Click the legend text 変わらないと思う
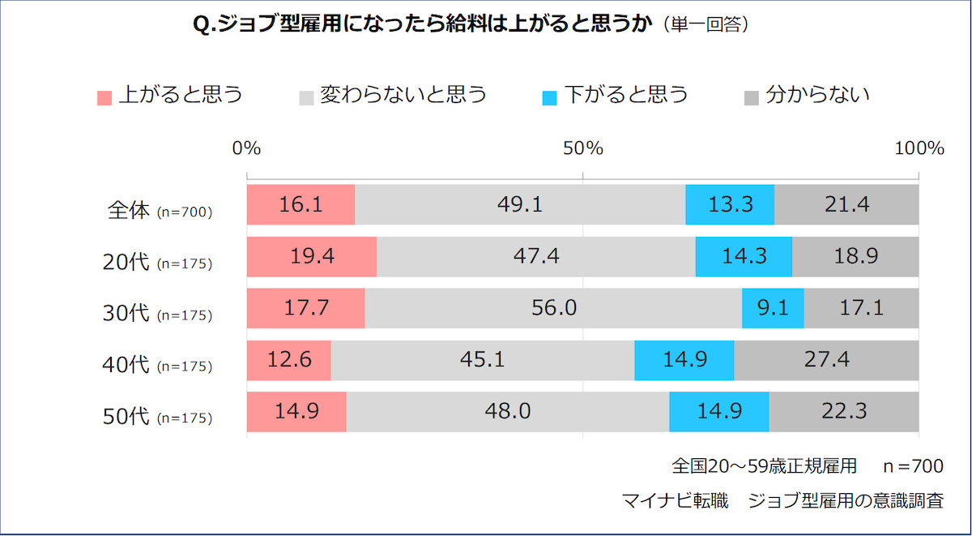(403, 96)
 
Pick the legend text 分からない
(817, 96)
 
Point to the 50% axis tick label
(583, 148)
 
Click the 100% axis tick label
(919, 148)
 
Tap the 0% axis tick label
(246, 148)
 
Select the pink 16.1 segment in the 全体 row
(301, 204)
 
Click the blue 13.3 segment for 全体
(730, 204)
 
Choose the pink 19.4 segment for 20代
(311, 256)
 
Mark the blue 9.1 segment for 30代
(773, 308)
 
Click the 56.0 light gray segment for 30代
(553, 308)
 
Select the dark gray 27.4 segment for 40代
(826, 360)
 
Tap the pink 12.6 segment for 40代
(288, 360)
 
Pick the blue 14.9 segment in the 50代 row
(718, 412)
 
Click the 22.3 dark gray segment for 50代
(843, 412)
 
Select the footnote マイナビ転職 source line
(782, 500)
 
